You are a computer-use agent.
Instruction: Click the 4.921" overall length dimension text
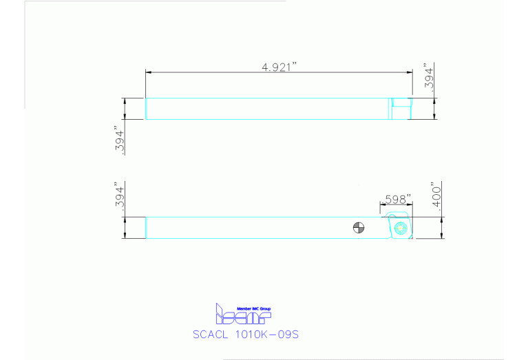coord(279,66)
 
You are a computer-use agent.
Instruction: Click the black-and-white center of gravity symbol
coord(358,228)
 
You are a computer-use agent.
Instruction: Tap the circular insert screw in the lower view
coord(401,228)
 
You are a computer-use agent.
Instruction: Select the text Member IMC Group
coord(253,308)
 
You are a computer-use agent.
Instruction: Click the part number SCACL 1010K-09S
coord(245,335)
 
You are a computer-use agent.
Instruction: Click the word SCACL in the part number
coord(213,335)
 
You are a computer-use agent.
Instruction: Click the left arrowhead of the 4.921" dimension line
coord(148,73)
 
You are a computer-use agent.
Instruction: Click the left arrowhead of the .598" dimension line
coord(382,205)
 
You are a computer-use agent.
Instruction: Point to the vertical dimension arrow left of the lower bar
coord(125,228)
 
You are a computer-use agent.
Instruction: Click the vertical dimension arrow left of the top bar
coord(125,109)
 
